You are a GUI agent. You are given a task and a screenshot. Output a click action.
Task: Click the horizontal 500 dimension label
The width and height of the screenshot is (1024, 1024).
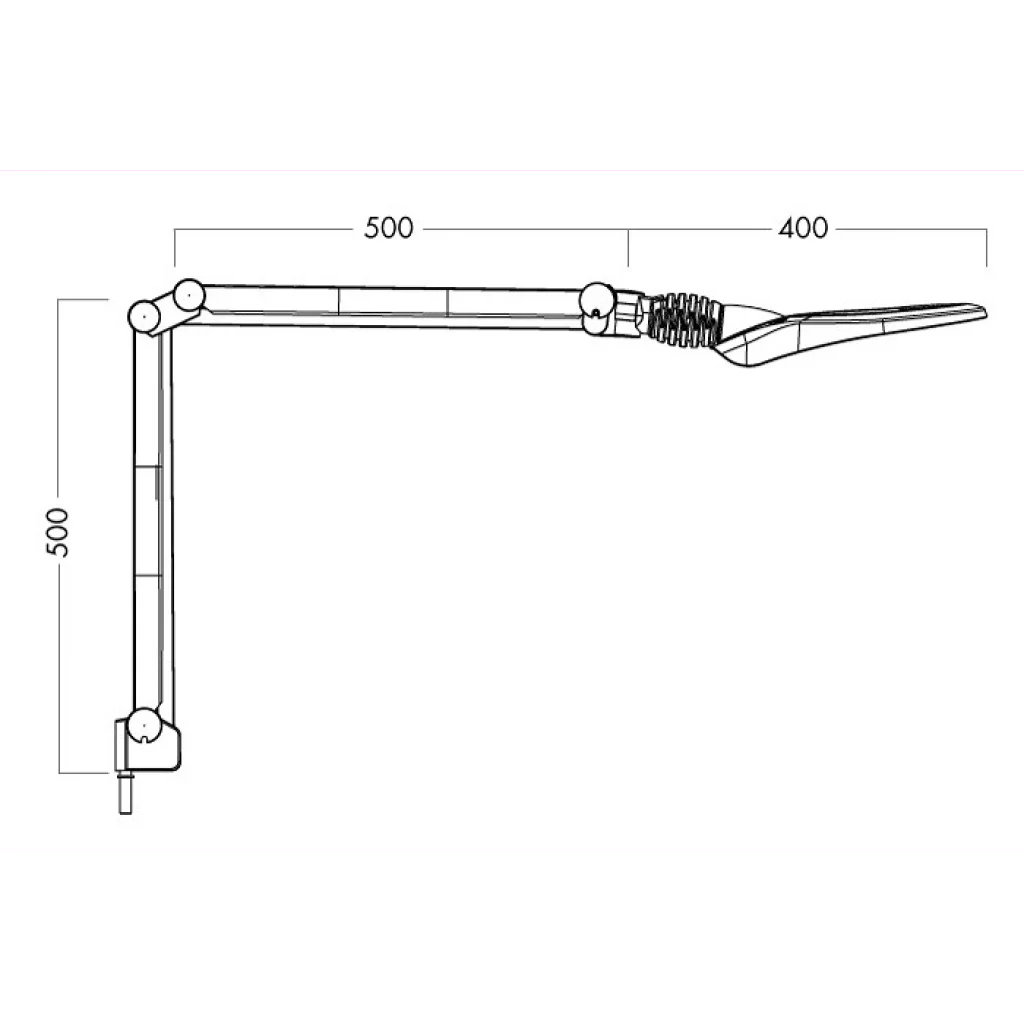(x=388, y=228)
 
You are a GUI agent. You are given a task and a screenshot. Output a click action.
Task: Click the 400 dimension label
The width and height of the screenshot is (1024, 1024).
(x=803, y=228)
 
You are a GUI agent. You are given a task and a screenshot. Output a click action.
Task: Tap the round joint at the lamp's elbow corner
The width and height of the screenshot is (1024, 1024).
(x=146, y=316)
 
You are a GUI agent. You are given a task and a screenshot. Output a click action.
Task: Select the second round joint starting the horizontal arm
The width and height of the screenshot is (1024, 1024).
(x=187, y=295)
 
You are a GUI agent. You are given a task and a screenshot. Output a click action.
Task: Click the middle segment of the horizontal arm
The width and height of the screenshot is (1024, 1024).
(x=392, y=305)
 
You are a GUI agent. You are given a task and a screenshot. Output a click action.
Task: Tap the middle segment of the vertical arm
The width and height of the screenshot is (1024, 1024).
(x=151, y=520)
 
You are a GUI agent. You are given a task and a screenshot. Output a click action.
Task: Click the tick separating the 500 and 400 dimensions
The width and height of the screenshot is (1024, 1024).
(x=628, y=247)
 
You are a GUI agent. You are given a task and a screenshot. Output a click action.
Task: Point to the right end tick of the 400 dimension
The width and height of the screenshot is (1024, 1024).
(x=987, y=247)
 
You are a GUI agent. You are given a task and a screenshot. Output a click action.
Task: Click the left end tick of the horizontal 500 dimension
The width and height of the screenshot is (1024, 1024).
(x=175, y=247)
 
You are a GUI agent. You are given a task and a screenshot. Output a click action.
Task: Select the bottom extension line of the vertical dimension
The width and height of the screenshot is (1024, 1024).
(x=86, y=772)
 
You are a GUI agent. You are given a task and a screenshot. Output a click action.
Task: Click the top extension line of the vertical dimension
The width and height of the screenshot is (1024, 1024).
(x=84, y=299)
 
